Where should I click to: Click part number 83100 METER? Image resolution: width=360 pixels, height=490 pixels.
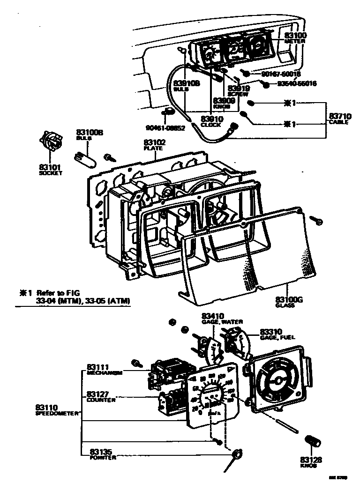[x=295, y=37]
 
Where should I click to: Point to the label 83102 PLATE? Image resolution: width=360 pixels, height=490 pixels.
[x=153, y=144]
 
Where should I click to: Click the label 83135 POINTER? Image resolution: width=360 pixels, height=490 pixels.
[x=102, y=454]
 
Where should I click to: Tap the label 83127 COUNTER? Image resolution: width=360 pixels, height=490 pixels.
[x=101, y=396]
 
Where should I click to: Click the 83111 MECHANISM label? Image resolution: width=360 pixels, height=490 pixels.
[x=104, y=370]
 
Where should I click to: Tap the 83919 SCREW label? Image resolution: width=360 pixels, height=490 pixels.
[x=239, y=89]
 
